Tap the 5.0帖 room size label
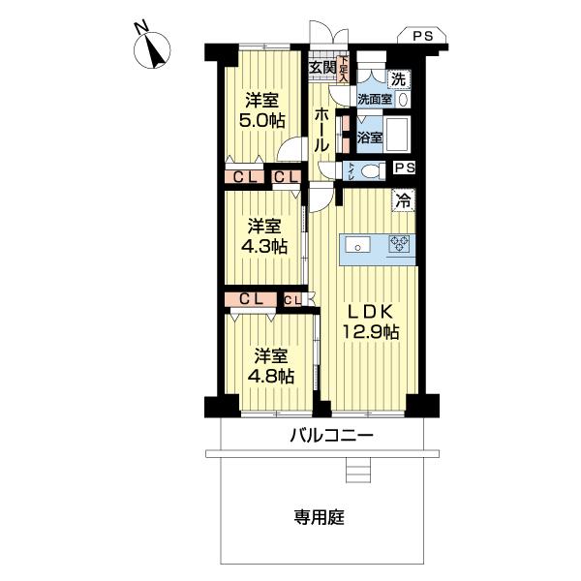262,122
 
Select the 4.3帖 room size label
264,246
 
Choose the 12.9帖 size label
370,333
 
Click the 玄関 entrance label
322,67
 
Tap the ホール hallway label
321,129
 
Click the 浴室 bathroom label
369,138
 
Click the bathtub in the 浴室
399,134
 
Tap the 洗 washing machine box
399,77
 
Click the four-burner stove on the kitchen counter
399,245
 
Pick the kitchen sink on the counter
356,245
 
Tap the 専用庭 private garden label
320,517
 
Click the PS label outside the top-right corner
422,36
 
